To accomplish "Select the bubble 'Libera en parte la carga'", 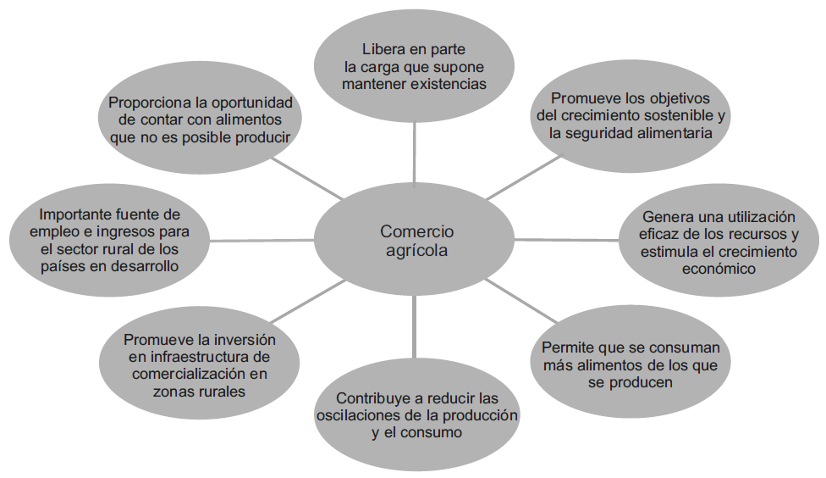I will (x=414, y=66).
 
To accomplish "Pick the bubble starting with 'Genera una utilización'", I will (x=719, y=242).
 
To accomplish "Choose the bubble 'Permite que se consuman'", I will (x=630, y=364).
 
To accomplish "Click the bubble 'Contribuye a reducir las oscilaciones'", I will (x=416, y=414).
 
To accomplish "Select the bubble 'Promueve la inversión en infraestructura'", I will (x=200, y=364).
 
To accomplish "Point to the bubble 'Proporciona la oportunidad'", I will (x=200, y=119).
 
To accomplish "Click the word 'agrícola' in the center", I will (x=416, y=252).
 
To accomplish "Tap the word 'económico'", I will (x=719, y=269).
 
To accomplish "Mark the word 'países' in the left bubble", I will (x=61, y=266).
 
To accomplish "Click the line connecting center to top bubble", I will (x=415, y=153).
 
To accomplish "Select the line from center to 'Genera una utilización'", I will (x=566, y=241).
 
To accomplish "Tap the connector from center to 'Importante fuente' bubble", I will (x=262, y=241).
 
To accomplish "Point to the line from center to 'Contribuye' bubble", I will (x=415, y=326).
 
